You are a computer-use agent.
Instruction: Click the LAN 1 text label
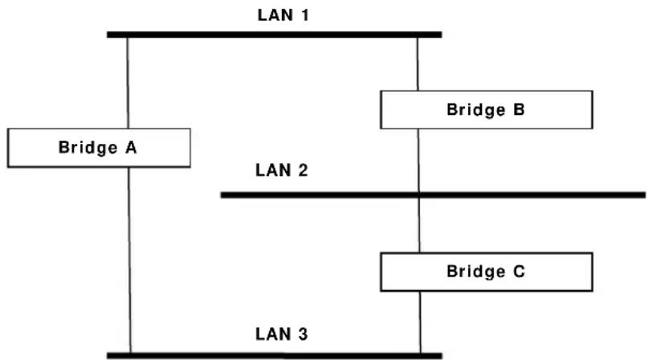coord(283,15)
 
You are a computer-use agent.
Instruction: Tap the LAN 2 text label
coord(282,170)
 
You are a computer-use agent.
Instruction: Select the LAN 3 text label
coord(282,334)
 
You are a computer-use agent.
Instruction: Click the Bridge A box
coord(100,148)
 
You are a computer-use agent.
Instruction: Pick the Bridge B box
coord(487,109)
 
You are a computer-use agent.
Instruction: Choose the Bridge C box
coord(487,272)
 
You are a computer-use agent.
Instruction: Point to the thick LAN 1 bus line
coord(275,35)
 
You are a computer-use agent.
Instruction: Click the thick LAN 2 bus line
coord(433,195)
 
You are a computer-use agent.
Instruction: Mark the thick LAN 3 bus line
coord(275,355)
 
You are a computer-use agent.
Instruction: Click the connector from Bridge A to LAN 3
coord(129,260)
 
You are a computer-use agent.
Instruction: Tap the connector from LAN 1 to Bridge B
coord(418,64)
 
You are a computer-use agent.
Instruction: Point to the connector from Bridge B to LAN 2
coord(418,160)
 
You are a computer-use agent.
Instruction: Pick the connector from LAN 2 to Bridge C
coord(419,226)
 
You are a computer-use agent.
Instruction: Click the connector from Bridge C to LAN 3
coord(420,322)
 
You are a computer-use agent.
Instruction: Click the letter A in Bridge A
coord(131,148)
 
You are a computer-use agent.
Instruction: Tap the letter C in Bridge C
coord(519,272)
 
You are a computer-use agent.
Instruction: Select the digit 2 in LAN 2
coord(303,170)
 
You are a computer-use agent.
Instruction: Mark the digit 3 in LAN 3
coord(303,334)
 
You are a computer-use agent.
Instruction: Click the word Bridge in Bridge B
coord(475,109)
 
